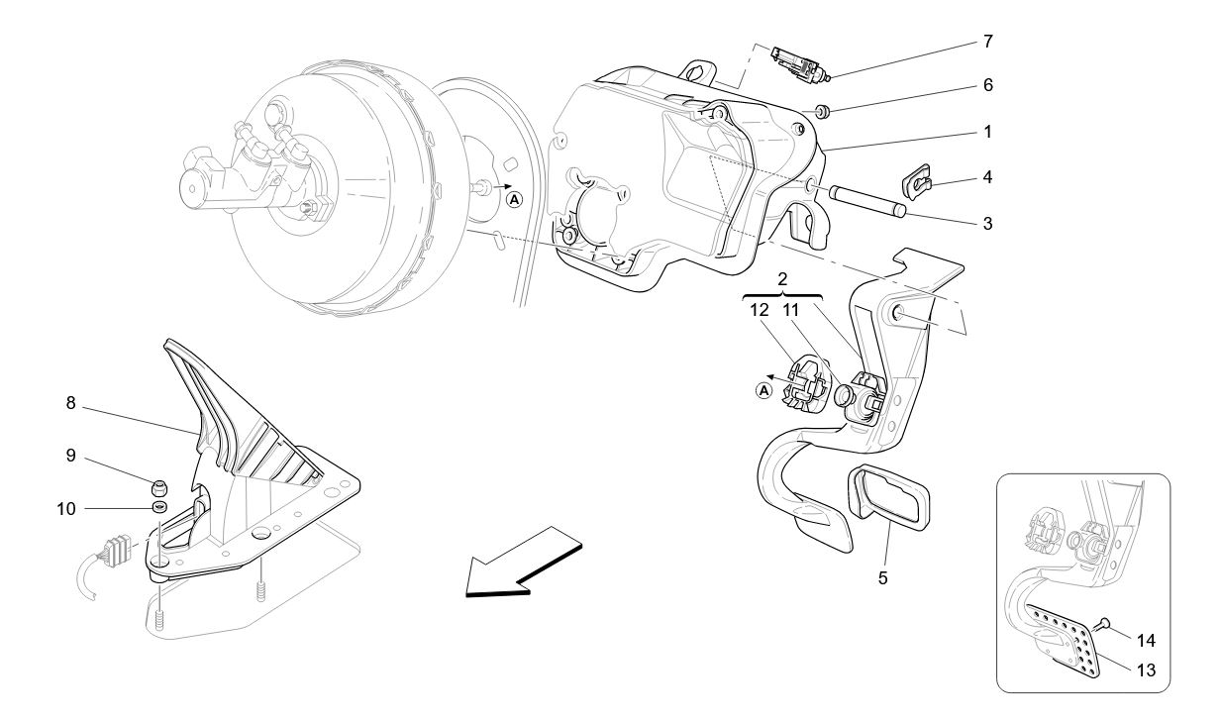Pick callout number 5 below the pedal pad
(x=881, y=575)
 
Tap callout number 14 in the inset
(x=1146, y=641)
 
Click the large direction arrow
(x=522, y=564)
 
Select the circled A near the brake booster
(x=514, y=199)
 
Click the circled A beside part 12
(x=763, y=390)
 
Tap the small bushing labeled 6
(x=821, y=109)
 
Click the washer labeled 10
(x=159, y=508)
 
